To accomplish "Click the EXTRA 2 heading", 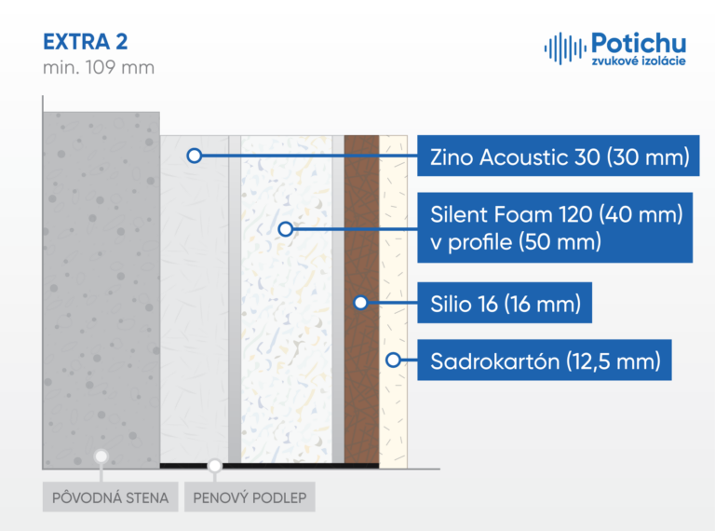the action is (x=86, y=42).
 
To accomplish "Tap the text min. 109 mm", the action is (x=99, y=67).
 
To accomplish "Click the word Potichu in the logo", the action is (x=639, y=44).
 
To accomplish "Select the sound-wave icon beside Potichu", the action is (x=565, y=48).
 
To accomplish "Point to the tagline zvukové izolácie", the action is (x=639, y=61).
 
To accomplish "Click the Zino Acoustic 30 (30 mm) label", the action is (x=559, y=156).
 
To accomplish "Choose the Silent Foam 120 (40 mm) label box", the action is (x=555, y=227).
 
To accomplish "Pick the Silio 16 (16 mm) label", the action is (x=505, y=303).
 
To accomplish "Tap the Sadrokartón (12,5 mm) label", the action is (x=545, y=360).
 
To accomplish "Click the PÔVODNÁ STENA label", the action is (x=111, y=497).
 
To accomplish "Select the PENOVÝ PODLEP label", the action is (x=250, y=497).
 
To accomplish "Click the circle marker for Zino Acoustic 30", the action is (x=195, y=156).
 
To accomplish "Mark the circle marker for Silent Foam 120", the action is (x=286, y=228).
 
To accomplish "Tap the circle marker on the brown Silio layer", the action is (x=360, y=302).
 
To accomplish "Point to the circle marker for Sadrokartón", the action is (x=393, y=360).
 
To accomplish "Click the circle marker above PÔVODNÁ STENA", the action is (x=101, y=456).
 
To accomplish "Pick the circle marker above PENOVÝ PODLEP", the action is (x=214, y=466).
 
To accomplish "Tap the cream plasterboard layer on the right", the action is (x=393, y=302).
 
